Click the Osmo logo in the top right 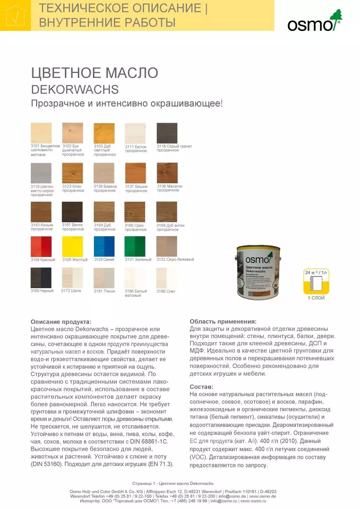314,22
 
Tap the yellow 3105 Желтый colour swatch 73,246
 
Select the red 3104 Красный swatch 41,246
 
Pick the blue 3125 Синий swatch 104,246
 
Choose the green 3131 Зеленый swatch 135,246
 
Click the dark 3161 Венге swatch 72,212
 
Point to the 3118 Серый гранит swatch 167,133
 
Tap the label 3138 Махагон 170,186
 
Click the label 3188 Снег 166,291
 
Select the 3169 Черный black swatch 41,278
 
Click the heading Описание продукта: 61,321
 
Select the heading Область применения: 223,321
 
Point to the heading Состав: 202,387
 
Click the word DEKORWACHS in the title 75,89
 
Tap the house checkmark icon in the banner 15,16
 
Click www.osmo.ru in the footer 253,501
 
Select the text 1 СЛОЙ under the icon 316,298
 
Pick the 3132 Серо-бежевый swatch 167,246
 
